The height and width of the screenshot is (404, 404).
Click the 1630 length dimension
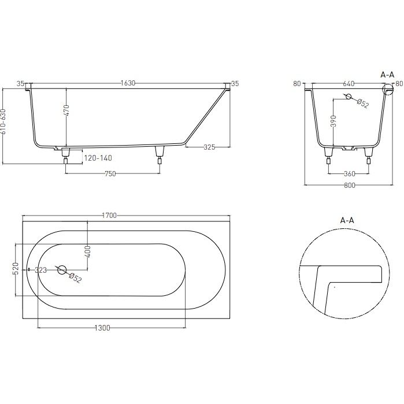pos(128,83)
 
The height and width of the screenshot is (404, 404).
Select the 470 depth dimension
pos(66,110)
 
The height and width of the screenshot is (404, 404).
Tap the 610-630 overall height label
pos(3,121)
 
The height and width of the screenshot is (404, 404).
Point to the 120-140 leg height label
pos(98,158)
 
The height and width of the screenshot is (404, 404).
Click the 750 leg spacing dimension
pos(110,174)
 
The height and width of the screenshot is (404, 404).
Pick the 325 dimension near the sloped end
pos(209,147)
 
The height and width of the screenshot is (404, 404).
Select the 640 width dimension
pos(349,84)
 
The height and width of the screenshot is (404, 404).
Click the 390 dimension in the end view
pos(333,121)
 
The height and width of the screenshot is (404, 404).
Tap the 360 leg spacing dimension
pos(349,174)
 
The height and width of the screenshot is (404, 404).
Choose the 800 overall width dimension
pos(349,186)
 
